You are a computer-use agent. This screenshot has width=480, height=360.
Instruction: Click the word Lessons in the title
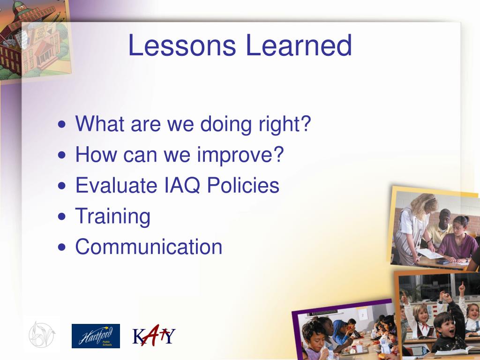[x=182, y=45]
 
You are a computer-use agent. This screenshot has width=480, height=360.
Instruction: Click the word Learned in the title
[x=299, y=45]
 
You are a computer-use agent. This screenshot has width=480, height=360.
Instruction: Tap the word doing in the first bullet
[x=226, y=124]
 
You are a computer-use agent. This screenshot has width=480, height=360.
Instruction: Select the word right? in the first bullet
[x=285, y=124]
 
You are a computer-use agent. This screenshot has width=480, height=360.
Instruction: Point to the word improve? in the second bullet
[x=240, y=155]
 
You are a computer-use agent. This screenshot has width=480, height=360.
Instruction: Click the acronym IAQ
[x=182, y=186]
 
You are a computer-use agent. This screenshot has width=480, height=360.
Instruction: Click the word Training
[x=112, y=216]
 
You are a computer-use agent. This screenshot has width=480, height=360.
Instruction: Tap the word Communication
[x=149, y=247]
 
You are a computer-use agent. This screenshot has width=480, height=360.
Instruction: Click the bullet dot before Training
[x=61, y=217]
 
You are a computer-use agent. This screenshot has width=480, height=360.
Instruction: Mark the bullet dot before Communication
[x=61, y=247]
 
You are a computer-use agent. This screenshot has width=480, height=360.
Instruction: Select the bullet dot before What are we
[x=61, y=124]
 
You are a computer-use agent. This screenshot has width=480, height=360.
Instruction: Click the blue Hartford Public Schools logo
[x=96, y=336]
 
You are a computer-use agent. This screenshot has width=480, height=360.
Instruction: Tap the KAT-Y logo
[x=154, y=335]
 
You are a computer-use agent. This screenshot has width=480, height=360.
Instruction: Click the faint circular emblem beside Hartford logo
[x=42, y=334]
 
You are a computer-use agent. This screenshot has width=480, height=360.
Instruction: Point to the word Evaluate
[x=116, y=185]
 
